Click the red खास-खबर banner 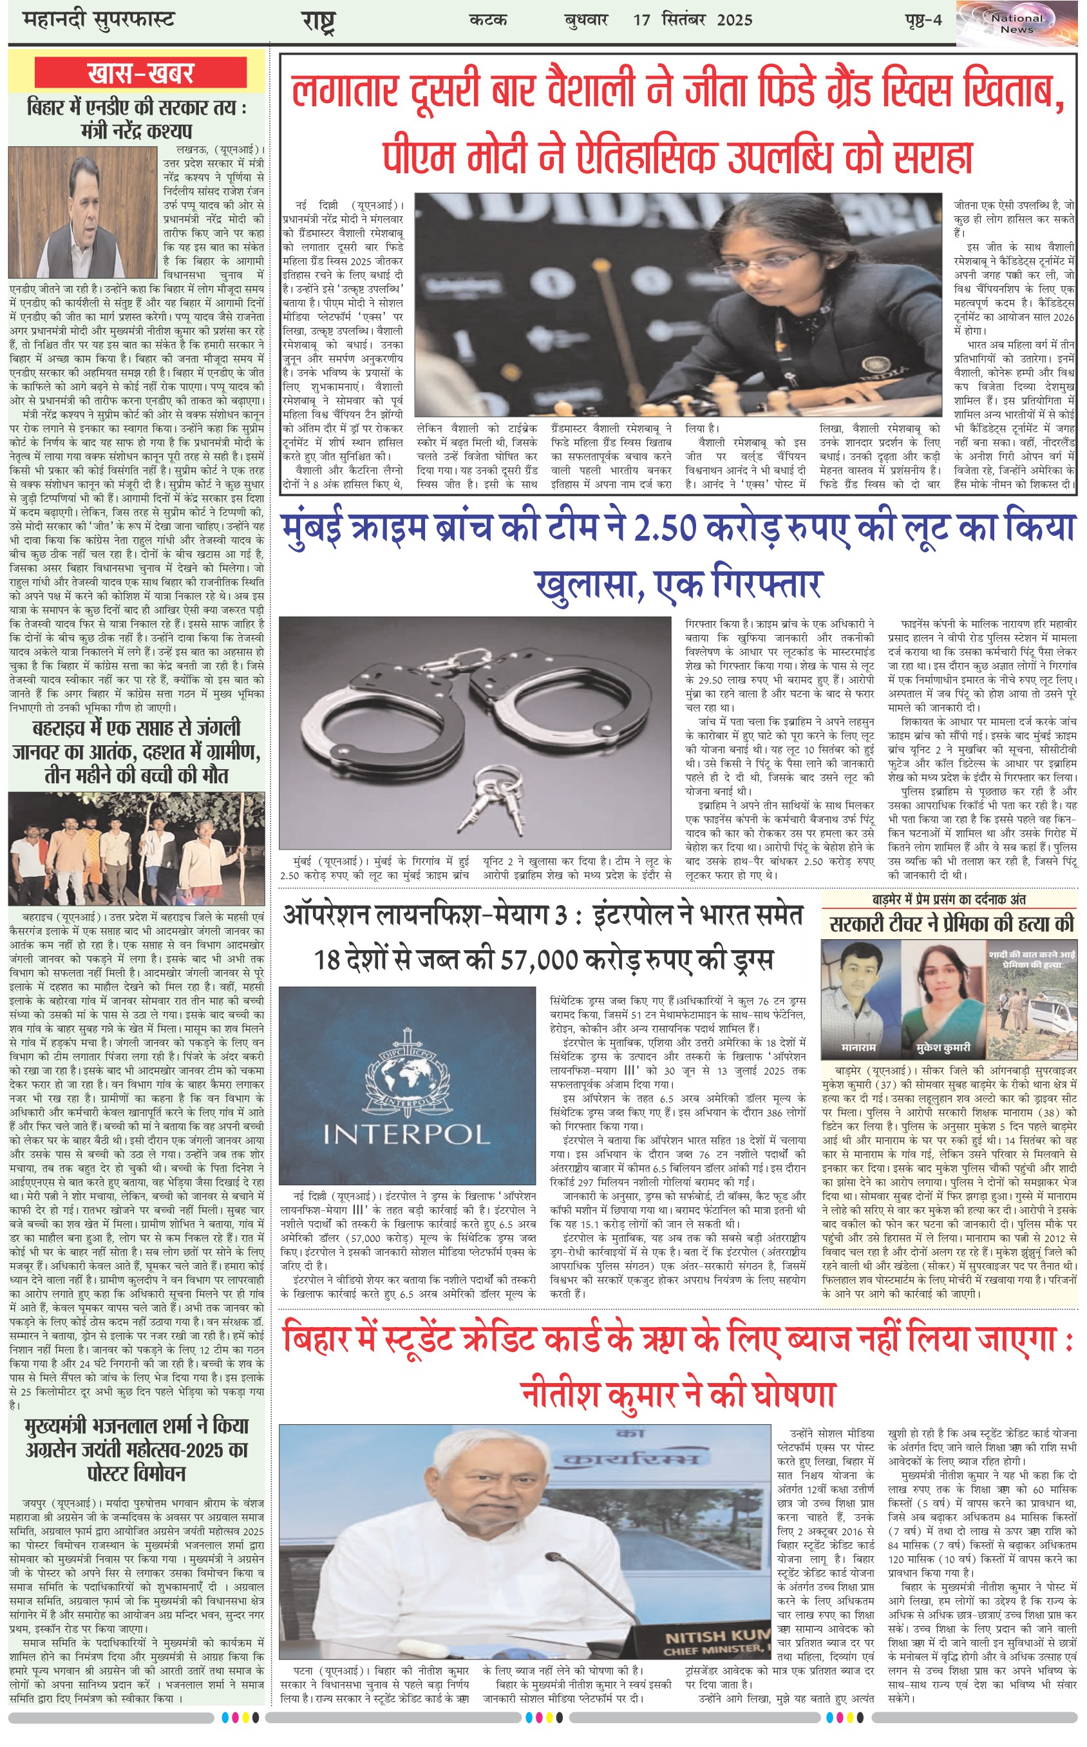point(140,73)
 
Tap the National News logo point(1017,24)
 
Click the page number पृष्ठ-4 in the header point(923,20)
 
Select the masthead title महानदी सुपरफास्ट point(99,20)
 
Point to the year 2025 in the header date point(734,20)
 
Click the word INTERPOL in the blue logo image point(406,1136)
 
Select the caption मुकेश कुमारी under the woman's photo point(943,1047)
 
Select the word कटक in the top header point(488,20)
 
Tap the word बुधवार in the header point(586,20)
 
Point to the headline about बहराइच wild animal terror point(137,752)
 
